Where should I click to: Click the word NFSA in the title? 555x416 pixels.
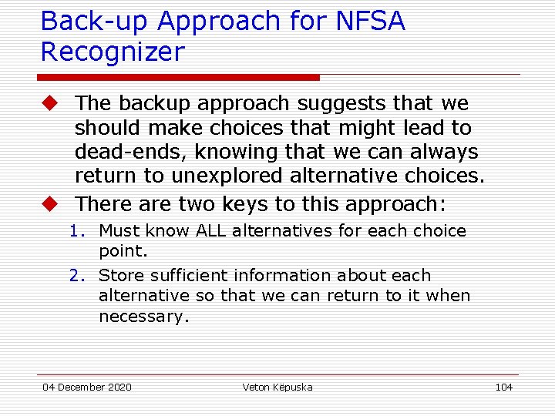pyautogui.click(x=370, y=22)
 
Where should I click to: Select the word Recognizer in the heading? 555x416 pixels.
pyautogui.click(x=113, y=52)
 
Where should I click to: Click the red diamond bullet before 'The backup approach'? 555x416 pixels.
pyautogui.click(x=50, y=103)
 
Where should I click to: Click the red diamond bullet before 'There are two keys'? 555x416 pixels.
pyautogui.click(x=50, y=204)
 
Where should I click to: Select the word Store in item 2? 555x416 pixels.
pyautogui.click(x=121, y=276)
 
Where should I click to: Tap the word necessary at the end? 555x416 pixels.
pyautogui.click(x=143, y=316)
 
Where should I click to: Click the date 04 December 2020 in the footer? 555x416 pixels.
pyautogui.click(x=86, y=387)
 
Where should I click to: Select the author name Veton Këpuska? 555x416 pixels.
pyautogui.click(x=277, y=387)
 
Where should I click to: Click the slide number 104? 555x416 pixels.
pyautogui.click(x=503, y=387)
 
